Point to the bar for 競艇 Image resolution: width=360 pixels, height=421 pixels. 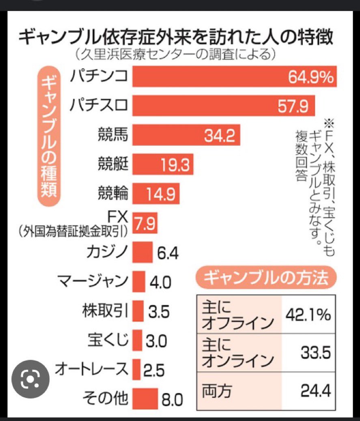(162, 164)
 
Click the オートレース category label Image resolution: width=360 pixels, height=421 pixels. (91, 370)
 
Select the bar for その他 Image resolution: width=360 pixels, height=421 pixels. (145, 399)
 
